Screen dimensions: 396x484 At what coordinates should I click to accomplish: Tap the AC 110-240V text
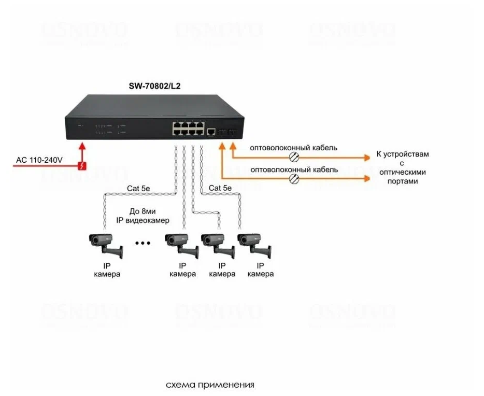click(39, 160)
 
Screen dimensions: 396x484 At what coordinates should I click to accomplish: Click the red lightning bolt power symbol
click(82, 166)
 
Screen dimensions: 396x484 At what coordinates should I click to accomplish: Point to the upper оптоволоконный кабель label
click(293, 148)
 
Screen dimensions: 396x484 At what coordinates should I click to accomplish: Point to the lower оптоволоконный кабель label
click(293, 169)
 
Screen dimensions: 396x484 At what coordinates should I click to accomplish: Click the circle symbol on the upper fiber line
click(293, 157)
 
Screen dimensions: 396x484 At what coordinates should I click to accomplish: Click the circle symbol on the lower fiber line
click(293, 179)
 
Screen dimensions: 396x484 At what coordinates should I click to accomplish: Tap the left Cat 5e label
click(140, 188)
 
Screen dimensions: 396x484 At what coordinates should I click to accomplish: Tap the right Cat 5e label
click(221, 188)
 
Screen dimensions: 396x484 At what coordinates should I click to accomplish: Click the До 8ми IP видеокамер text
click(150, 216)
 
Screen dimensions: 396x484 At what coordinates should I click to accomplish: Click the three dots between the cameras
click(143, 242)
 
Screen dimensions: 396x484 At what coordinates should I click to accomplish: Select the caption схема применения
click(210, 385)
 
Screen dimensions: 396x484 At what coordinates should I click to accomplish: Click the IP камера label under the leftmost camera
click(107, 270)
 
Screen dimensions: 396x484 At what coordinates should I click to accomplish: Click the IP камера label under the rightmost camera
click(260, 270)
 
